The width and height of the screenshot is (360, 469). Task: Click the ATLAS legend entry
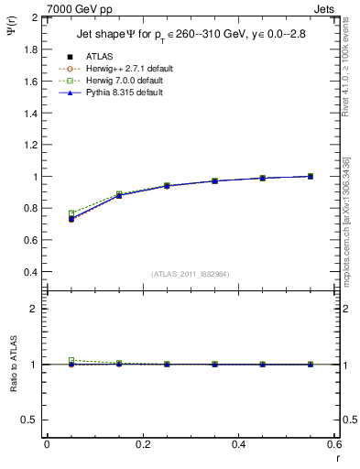98,57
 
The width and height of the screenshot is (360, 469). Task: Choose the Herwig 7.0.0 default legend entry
119,81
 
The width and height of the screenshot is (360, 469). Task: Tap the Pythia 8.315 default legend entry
118,93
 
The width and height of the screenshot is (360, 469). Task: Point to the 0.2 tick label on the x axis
142,445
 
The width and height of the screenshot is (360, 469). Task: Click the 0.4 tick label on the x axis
238,445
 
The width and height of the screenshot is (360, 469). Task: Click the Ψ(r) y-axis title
11,38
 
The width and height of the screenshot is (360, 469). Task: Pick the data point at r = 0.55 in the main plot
311,176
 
